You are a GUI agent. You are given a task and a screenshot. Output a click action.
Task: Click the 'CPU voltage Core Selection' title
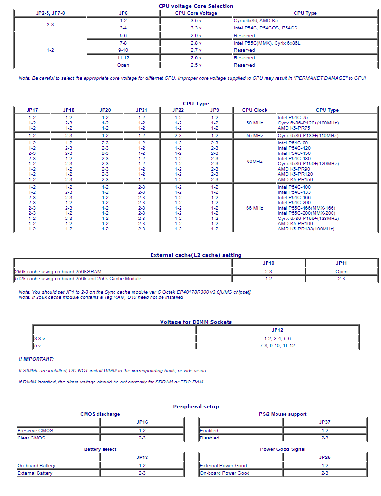coord(196,6)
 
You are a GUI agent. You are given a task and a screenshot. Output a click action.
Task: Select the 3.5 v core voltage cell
coord(196,21)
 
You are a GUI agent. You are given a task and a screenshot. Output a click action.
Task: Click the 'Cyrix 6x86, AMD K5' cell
coord(256,21)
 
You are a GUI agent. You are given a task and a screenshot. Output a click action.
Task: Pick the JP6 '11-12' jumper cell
coord(123,57)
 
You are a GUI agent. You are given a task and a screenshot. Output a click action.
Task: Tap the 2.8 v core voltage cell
coord(196,43)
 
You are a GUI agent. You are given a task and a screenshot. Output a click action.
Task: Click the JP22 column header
coord(178,110)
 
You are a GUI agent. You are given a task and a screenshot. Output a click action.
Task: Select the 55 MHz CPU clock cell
coord(255,136)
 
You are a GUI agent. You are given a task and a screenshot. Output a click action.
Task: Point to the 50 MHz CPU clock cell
coord(255,123)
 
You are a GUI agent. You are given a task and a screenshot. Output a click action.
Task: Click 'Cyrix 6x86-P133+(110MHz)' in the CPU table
coord(308,136)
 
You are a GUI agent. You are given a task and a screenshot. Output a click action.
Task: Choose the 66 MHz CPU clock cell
coord(255,208)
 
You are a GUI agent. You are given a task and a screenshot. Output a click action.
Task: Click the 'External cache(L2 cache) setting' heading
coord(196,255)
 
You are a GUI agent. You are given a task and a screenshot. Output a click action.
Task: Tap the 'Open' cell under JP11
coord(341,272)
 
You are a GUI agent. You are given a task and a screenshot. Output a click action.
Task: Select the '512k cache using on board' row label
coord(78,278)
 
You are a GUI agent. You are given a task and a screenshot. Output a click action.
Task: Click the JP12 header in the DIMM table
coord(277,330)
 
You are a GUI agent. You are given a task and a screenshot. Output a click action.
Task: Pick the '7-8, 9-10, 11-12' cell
coord(277,346)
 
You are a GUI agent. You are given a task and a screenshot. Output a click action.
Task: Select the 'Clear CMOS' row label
coord(31,438)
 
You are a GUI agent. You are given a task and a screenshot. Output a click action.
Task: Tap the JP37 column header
coord(324,422)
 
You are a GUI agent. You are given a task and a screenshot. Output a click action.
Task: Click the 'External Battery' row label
coord(35,473)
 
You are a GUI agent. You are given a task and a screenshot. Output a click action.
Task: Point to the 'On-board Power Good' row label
coord(225,473)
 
